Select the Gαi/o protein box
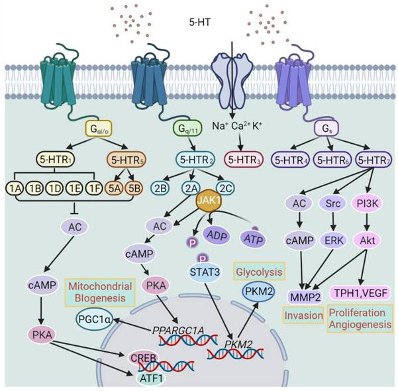coord(97,129)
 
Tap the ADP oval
coord(218,235)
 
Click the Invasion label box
coord(303,315)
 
